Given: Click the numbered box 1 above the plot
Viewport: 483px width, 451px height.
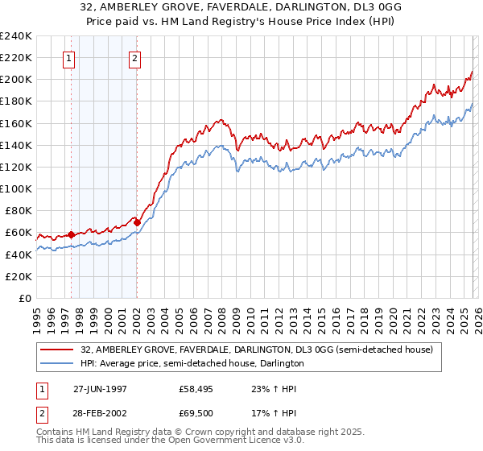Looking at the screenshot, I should pos(68,58).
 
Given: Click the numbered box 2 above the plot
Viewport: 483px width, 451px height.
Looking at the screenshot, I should pos(134,58).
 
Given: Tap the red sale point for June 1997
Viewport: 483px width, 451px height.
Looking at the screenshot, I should pos(71,234).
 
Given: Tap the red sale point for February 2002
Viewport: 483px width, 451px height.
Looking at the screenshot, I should pos(138,222).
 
